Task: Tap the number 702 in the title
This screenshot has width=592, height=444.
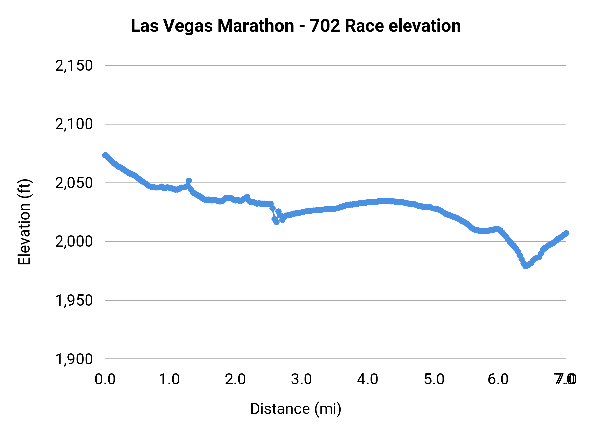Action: point(325,26)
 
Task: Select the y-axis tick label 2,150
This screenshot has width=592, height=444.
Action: point(74,65)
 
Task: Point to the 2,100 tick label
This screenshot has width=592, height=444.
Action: point(74,124)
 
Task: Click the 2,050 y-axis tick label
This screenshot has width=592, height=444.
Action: point(74,183)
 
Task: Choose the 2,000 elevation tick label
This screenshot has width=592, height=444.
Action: point(74,242)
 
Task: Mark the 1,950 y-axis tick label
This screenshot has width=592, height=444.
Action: point(74,300)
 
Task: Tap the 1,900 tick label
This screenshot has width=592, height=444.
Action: point(74,359)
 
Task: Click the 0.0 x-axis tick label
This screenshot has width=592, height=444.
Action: point(105,380)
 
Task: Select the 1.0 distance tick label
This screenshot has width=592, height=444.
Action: point(169,380)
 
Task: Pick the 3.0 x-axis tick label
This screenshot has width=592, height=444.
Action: point(301,380)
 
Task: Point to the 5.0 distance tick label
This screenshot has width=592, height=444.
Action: point(434,380)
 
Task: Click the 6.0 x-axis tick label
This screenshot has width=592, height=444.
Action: point(498,380)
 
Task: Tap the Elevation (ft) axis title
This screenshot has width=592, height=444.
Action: point(24,222)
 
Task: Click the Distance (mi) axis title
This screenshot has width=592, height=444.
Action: point(296,409)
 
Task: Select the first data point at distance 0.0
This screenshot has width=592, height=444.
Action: point(105,155)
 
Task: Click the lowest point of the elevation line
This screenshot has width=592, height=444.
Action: point(526,266)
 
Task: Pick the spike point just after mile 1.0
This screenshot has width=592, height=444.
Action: point(189,181)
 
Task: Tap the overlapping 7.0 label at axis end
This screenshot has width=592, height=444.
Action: point(565,380)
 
